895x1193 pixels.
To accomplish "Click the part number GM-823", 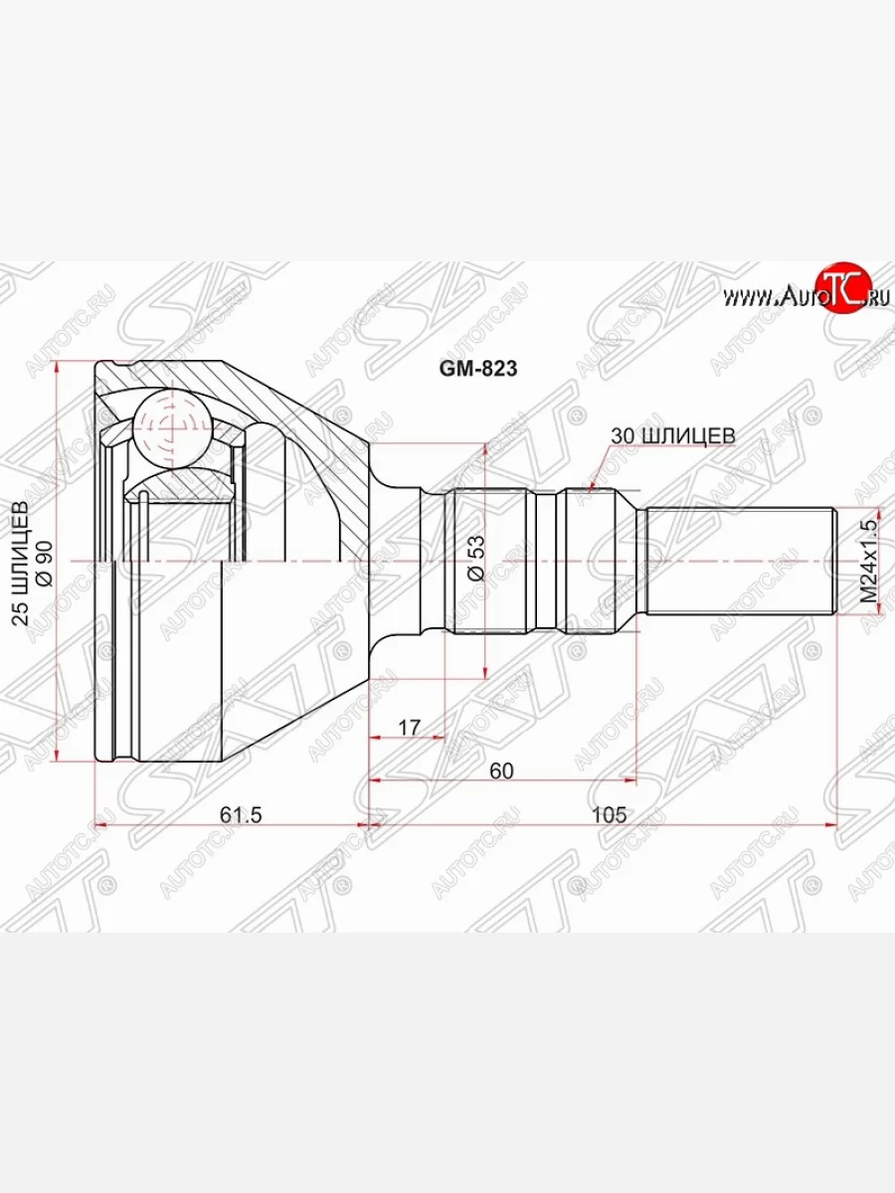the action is (x=478, y=369).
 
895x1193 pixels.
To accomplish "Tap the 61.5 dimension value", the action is (x=241, y=814).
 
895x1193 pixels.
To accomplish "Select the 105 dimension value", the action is (x=609, y=814).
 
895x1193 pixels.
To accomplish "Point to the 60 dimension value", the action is (x=501, y=770).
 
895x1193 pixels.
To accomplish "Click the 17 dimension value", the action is (x=409, y=727).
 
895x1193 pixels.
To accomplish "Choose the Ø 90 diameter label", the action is (x=45, y=564).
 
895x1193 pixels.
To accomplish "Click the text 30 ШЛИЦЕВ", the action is (x=673, y=435).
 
